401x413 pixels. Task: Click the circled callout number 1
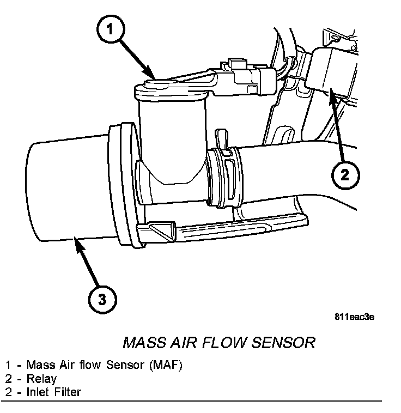(x=111, y=29)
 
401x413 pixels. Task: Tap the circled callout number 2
(x=345, y=175)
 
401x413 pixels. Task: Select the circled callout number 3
(x=102, y=299)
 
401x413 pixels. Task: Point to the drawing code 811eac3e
(x=354, y=317)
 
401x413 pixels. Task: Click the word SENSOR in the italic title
(x=283, y=342)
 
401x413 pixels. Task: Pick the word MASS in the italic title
(x=144, y=342)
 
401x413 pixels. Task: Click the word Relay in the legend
(x=41, y=379)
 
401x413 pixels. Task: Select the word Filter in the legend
(x=68, y=392)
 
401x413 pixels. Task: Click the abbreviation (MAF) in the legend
(x=166, y=365)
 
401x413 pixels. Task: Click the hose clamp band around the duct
(x=224, y=177)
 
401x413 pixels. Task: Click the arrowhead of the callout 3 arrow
(x=78, y=244)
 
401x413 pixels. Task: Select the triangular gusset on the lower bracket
(x=161, y=232)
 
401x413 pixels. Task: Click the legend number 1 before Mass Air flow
(x=8, y=365)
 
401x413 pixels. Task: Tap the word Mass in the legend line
(x=41, y=365)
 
